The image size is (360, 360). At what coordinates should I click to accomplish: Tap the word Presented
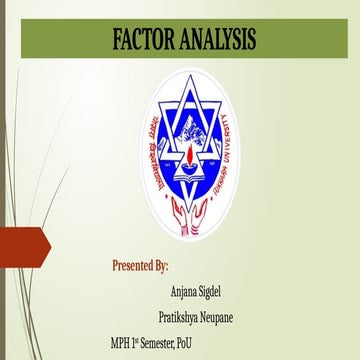click(x=135, y=267)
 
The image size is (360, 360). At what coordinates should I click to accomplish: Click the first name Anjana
click(x=189, y=293)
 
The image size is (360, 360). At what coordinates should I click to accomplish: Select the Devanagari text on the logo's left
click(x=128, y=140)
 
